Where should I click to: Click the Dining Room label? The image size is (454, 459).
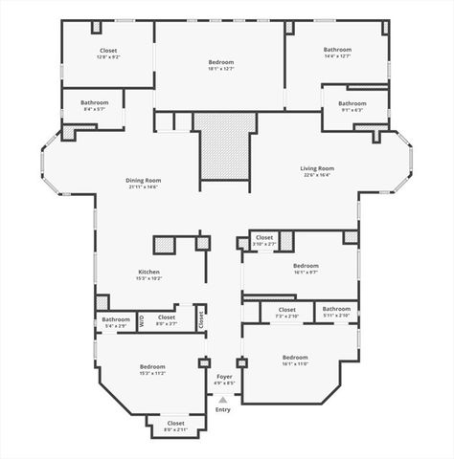tap(143, 181)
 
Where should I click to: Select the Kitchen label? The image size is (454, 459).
tap(148, 273)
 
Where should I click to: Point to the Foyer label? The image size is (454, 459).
tap(224, 377)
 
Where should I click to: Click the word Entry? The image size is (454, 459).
tap(223, 409)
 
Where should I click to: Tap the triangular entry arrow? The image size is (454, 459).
tap(223, 399)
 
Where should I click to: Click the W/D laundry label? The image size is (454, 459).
tap(141, 322)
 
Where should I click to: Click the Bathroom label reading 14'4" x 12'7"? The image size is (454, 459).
tap(337, 50)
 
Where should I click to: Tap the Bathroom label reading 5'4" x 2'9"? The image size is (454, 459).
tap(116, 319)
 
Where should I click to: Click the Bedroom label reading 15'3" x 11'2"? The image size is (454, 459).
tap(152, 367)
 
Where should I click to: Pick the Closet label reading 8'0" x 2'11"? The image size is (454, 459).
tap(175, 423)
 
